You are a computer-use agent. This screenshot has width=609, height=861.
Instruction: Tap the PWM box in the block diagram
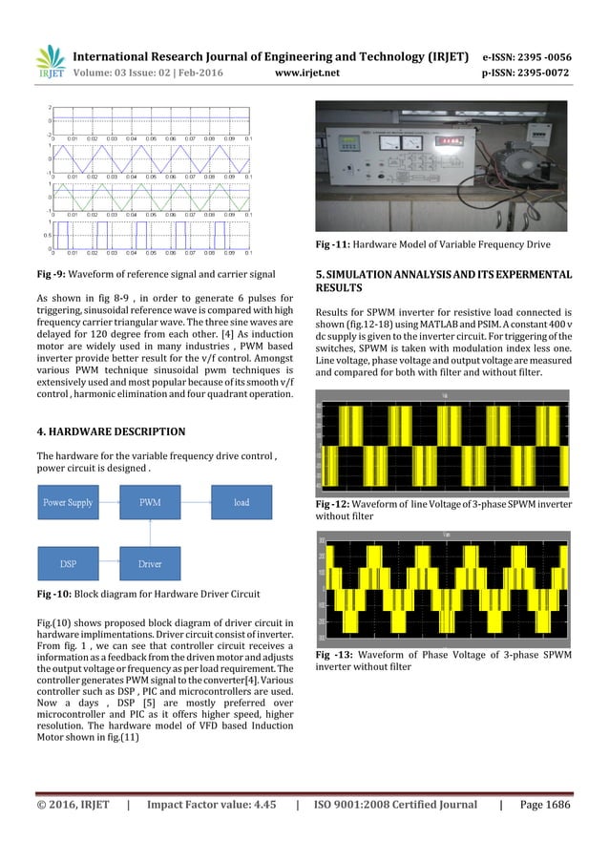click(150, 501)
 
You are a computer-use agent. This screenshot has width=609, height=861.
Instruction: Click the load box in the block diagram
click(241, 501)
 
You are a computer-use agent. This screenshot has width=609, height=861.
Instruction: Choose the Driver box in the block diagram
click(150, 563)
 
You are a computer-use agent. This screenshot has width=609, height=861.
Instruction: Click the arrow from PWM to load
click(197, 501)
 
